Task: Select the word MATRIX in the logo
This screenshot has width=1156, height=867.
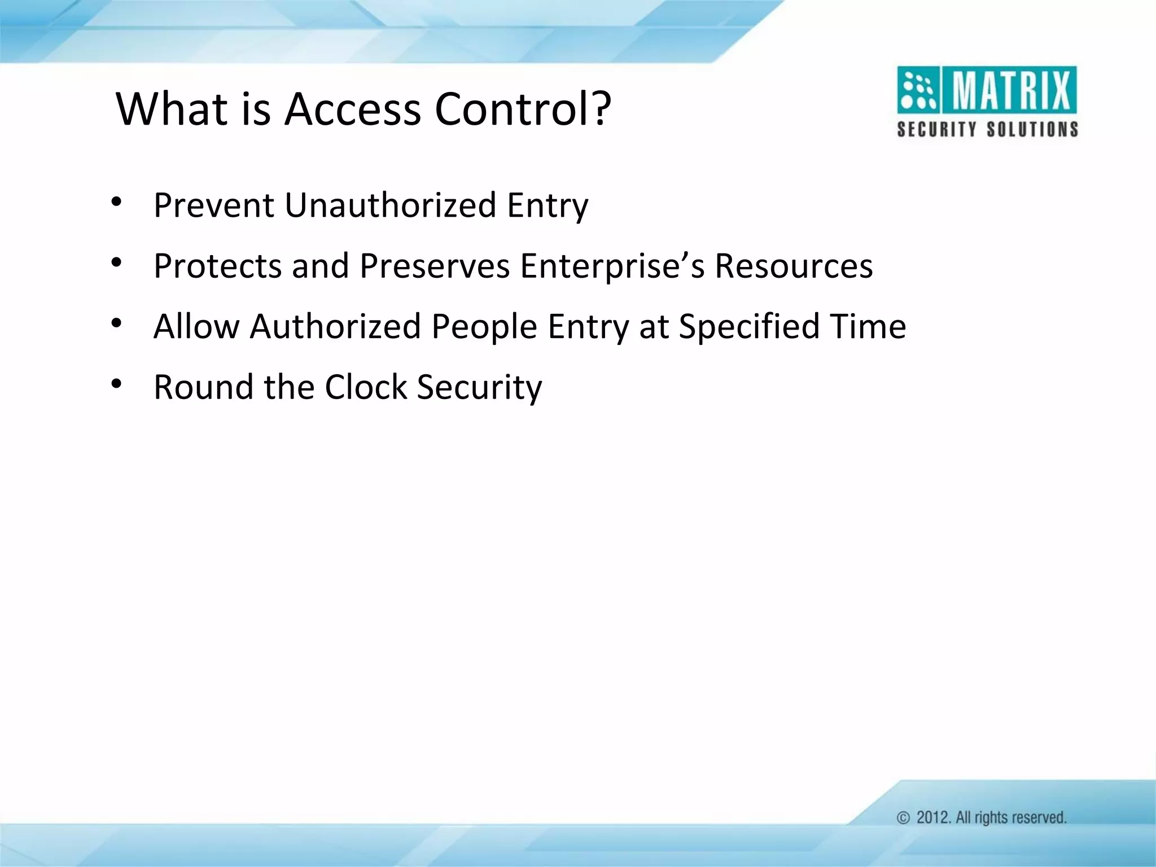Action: point(1010,91)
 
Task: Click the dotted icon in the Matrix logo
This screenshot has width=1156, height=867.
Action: point(917,91)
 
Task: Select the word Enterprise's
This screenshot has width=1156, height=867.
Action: point(612,266)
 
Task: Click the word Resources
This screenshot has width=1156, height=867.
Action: point(794,266)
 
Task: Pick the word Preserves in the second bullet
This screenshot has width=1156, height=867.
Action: point(435,266)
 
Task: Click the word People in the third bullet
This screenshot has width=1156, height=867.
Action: point(484,327)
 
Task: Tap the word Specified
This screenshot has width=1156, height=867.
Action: point(748,327)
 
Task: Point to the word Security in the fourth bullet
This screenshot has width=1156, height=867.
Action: point(479,388)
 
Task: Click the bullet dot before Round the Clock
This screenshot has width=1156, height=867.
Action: point(117,384)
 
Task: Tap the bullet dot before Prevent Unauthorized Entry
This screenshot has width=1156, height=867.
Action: point(117,202)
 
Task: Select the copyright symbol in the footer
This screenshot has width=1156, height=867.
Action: point(904,818)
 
